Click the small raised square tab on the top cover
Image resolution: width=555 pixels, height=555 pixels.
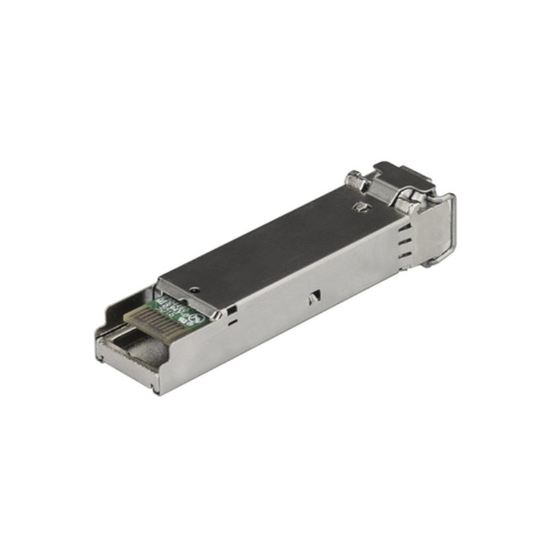point(361,207)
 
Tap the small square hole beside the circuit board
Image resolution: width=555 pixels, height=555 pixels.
point(231,309)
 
